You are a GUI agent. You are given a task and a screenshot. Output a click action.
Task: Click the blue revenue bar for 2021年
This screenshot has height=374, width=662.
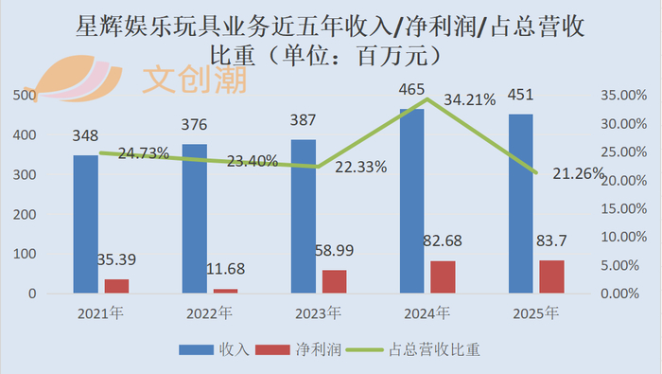click(x=86, y=224)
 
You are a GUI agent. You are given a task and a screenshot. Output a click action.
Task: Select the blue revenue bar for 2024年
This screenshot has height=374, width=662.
click(x=412, y=201)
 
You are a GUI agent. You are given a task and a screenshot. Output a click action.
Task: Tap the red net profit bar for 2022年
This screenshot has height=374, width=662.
click(x=225, y=292)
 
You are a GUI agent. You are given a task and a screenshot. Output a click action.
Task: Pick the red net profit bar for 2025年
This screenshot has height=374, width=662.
click(x=551, y=276)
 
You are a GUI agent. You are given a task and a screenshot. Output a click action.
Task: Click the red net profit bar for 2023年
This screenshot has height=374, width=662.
click(x=335, y=281)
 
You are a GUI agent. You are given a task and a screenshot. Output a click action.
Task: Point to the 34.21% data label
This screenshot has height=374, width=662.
click(x=469, y=100)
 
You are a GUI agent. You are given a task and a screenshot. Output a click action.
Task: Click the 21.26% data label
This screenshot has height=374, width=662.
click(x=579, y=173)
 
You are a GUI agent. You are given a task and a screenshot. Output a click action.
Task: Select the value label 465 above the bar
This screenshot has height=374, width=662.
click(x=411, y=90)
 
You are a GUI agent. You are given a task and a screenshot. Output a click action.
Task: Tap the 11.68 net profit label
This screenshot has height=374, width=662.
click(x=225, y=269)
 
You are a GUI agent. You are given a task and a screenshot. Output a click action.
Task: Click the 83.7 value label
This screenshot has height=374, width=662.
click(x=551, y=240)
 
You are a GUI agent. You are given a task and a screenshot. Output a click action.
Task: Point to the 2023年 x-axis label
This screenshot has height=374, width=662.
click(x=318, y=313)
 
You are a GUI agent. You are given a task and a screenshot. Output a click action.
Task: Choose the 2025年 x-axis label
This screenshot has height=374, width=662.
click(x=536, y=313)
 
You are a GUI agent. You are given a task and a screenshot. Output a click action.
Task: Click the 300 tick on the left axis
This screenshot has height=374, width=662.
click(x=25, y=175)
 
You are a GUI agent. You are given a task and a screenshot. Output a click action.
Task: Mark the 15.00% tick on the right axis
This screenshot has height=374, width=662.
click(x=623, y=208)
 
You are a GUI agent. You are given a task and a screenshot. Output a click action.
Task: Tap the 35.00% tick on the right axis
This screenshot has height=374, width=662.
click(x=623, y=96)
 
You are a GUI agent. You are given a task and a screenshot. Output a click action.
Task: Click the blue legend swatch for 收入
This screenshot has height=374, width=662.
click(x=196, y=350)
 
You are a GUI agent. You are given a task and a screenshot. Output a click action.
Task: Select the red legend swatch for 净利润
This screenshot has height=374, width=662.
click(x=272, y=350)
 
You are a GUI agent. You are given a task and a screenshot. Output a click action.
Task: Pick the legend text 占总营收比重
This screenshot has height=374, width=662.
click(x=434, y=350)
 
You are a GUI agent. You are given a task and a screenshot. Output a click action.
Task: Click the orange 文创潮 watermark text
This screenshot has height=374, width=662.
click(x=195, y=80)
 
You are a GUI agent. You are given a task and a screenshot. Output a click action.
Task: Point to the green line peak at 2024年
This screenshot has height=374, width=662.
click(x=427, y=98)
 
